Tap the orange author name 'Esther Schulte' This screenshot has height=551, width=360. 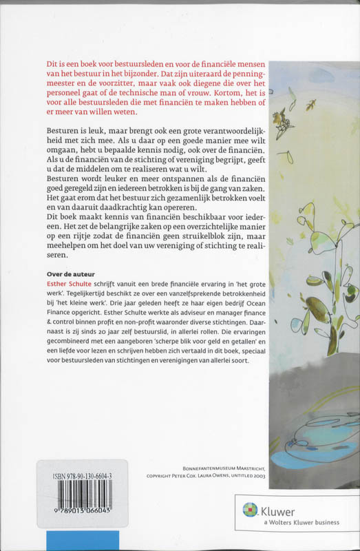coord(61,283)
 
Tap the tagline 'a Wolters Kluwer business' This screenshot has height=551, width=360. coord(300,523)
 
